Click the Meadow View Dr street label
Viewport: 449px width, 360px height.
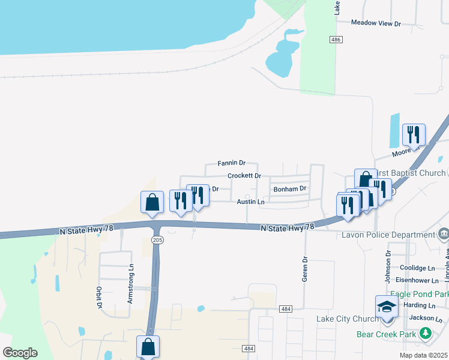click(376, 23)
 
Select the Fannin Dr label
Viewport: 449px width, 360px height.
click(232, 163)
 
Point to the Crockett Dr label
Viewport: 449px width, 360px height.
click(244, 176)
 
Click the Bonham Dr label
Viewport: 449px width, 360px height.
click(290, 188)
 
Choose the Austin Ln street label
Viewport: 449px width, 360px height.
click(250, 202)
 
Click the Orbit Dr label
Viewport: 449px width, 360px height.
click(99, 298)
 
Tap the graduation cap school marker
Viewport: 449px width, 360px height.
click(387, 307)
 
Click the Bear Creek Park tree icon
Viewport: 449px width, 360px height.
click(426, 332)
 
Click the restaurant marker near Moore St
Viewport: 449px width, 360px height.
click(413, 134)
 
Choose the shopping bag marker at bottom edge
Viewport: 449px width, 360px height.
click(148, 347)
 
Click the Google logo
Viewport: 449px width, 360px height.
click(20, 353)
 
